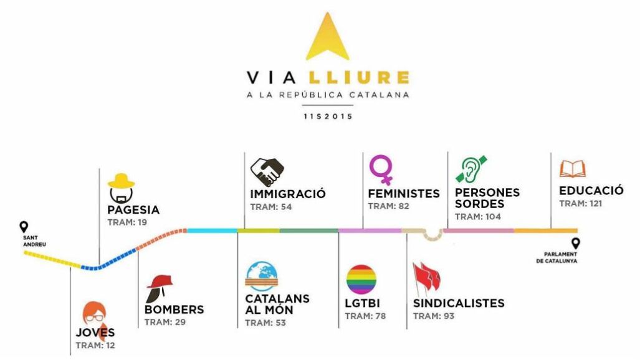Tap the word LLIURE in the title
click(x=359, y=78)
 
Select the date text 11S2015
click(x=328, y=116)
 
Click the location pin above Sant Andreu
click(x=24, y=227)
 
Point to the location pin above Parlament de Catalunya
click(x=576, y=244)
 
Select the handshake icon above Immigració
click(x=267, y=173)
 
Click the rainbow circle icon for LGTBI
click(x=361, y=280)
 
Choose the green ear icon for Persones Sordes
click(x=471, y=169)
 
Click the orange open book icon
click(x=572, y=169)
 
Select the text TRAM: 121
click(x=580, y=204)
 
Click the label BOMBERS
click(x=174, y=310)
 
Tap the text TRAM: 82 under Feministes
click(x=389, y=206)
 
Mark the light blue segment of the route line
click(x=212, y=230)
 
